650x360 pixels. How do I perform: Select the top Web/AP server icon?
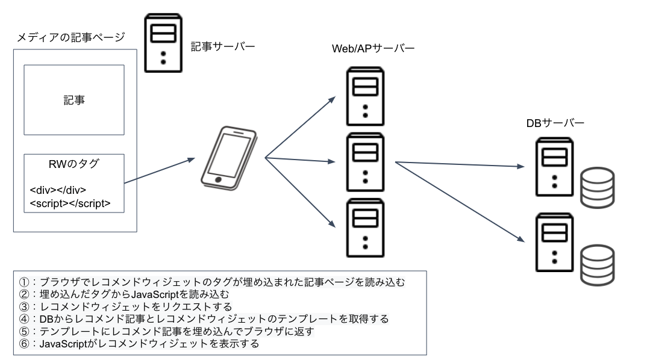(x=366, y=95)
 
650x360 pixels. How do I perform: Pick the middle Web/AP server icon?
(x=366, y=161)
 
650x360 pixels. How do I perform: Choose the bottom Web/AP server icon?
(x=366, y=227)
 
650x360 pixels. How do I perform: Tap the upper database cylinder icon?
(x=596, y=187)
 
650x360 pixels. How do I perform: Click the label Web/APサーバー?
(x=373, y=49)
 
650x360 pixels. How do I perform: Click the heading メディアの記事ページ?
(x=70, y=38)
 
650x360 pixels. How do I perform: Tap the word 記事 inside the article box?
(x=74, y=101)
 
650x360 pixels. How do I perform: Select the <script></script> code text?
(x=70, y=203)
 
